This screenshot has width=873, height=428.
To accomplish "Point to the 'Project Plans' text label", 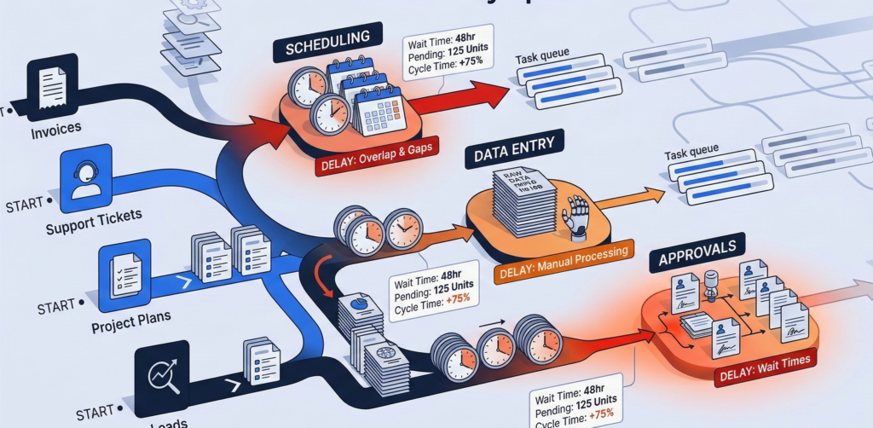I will coord(130,317).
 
